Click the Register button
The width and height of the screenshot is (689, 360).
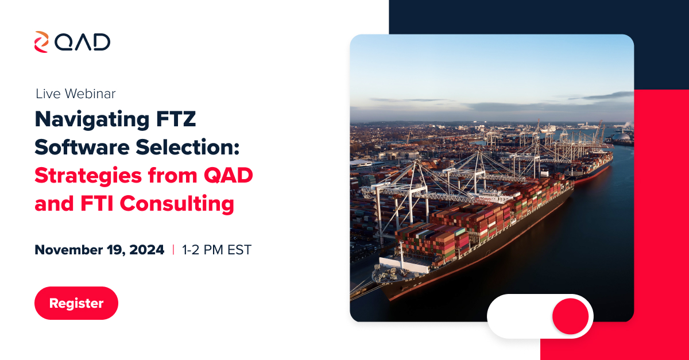(76, 303)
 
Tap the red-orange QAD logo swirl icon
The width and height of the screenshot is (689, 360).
(41, 42)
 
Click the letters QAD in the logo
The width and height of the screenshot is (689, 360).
(83, 42)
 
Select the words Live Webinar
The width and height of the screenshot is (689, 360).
(76, 94)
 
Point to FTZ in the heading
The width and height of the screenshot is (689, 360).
(176, 119)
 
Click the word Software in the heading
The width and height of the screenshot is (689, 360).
(82, 147)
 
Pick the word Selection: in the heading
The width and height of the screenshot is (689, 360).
(188, 147)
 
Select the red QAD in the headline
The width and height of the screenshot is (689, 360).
(229, 176)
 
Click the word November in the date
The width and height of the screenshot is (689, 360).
(68, 250)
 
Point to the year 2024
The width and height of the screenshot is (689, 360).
(147, 250)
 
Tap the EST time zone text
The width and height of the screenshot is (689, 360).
(239, 250)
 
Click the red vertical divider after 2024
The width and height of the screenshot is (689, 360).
(173, 250)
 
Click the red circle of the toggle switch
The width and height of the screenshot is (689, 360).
(571, 316)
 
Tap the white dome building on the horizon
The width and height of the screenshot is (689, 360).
(621, 137)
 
